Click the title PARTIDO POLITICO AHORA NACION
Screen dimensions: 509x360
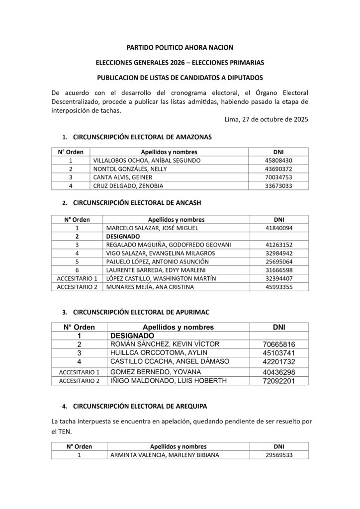click(180, 48)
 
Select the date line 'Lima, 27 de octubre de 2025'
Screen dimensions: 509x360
click(267, 119)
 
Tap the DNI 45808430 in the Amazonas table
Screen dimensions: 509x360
click(279, 161)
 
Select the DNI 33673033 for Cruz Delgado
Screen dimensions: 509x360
click(279, 186)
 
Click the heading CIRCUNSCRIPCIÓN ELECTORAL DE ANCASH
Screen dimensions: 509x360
click(137, 203)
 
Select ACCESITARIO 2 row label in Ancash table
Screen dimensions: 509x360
click(77, 287)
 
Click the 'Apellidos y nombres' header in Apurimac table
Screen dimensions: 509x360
click(178, 327)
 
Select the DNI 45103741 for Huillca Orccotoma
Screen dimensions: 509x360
click(279, 353)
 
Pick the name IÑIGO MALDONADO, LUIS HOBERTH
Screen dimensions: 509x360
click(168, 381)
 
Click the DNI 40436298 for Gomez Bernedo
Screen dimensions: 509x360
click(279, 372)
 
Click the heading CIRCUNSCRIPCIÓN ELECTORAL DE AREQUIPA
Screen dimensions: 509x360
click(140, 406)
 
